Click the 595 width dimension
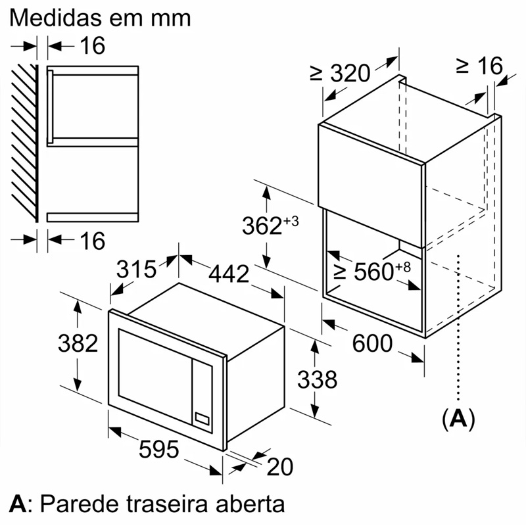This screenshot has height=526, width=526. [x=158, y=449]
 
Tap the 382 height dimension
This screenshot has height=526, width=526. [x=78, y=343]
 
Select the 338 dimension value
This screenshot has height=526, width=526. [x=318, y=379]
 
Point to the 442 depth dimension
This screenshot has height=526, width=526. [x=229, y=274]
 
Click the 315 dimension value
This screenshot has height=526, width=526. [x=136, y=269]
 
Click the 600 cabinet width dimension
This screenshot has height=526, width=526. [x=372, y=343]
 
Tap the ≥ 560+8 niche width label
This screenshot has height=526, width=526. [x=371, y=271]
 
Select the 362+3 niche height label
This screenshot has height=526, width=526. [x=270, y=225]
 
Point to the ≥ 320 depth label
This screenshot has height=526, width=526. [x=340, y=73]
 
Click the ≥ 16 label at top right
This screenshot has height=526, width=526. [x=479, y=65]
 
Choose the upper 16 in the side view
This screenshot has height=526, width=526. [x=93, y=45]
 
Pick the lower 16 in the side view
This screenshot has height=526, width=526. [x=93, y=241]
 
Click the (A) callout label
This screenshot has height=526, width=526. [x=458, y=418]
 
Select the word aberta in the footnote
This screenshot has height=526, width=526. [x=251, y=504]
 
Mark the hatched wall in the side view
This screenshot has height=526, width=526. [x=25, y=143]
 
